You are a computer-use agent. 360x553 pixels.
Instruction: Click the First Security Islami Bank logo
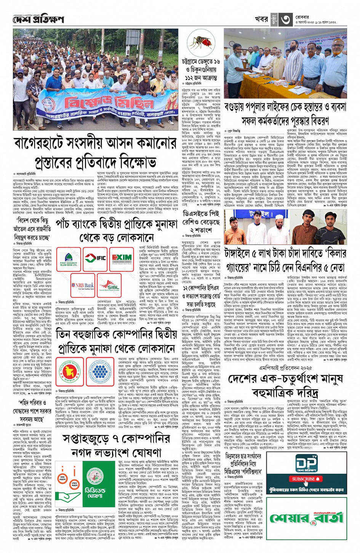69,259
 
